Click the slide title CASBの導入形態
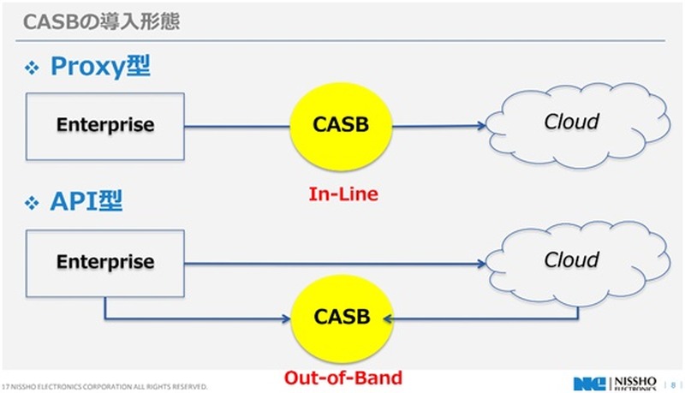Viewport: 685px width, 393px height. (x=101, y=20)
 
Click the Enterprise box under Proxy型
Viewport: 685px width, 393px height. (x=105, y=125)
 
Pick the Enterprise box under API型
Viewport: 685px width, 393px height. (x=105, y=260)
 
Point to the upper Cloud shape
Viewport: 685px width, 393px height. (x=572, y=124)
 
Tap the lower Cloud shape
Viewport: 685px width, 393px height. (x=572, y=261)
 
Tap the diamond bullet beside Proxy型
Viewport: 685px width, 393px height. (x=33, y=68)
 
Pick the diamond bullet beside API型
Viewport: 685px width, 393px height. (x=33, y=204)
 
